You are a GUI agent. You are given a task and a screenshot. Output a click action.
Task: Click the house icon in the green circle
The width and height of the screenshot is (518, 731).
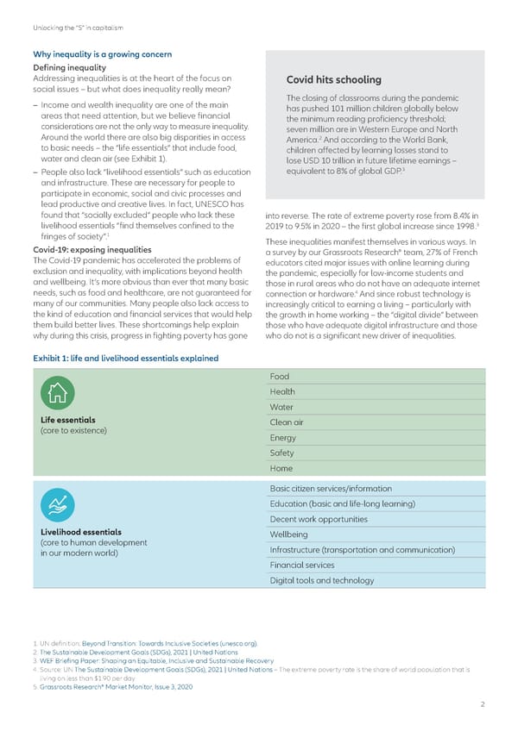pos(58,393)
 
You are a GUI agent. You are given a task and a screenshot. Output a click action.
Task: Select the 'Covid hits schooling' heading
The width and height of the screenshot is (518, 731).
pos(332,80)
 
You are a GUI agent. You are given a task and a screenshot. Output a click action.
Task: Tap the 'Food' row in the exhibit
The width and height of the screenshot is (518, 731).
pos(280,377)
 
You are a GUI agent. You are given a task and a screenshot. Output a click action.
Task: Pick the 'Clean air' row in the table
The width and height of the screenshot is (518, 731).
pos(287,422)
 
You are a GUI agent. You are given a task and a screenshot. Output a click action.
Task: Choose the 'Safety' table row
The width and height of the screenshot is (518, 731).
pos(282,453)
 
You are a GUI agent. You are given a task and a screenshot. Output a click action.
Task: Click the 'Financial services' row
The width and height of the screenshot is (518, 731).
pos(302,565)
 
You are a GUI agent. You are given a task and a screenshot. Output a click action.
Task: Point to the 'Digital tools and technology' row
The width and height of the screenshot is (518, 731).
pos(322,581)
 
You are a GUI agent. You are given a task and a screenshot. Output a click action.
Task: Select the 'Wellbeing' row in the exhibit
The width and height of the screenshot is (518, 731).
pos(287,534)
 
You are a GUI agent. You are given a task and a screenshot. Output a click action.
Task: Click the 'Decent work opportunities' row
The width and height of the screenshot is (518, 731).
pos(319,519)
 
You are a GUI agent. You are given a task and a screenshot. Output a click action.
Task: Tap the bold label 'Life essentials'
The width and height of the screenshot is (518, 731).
pos(63,420)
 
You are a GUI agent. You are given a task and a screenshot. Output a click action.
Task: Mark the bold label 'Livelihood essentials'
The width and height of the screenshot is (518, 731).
pos(75,532)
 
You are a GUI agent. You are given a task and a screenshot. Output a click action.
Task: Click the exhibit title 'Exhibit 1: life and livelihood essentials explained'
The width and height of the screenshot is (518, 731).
pos(125,358)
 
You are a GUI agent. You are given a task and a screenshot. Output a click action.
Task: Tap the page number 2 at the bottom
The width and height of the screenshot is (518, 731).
pos(483,704)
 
